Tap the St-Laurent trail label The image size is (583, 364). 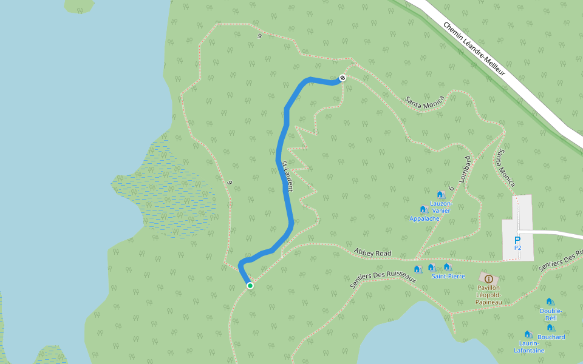tap(288, 176)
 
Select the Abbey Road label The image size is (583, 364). tap(372, 253)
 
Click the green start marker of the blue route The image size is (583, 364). tap(250, 285)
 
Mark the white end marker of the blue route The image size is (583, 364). tap(343, 78)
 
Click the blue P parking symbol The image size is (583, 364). tap(517, 240)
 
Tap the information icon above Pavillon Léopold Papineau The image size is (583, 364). tap(488, 278)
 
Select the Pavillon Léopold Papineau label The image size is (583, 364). tap(488, 294)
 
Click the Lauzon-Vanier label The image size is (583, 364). tap(441, 207)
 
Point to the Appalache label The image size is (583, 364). tap(424, 218)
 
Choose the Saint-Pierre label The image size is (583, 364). tap(448, 276)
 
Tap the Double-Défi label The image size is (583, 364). tap(551, 314)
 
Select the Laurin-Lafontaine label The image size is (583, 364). tap(529, 347)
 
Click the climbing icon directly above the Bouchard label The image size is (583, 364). tap(550, 328)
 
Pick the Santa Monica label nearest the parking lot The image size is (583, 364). tap(506, 168)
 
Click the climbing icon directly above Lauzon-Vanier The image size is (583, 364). tap(441, 195)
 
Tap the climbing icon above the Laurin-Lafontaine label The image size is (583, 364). tap(528, 334)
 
